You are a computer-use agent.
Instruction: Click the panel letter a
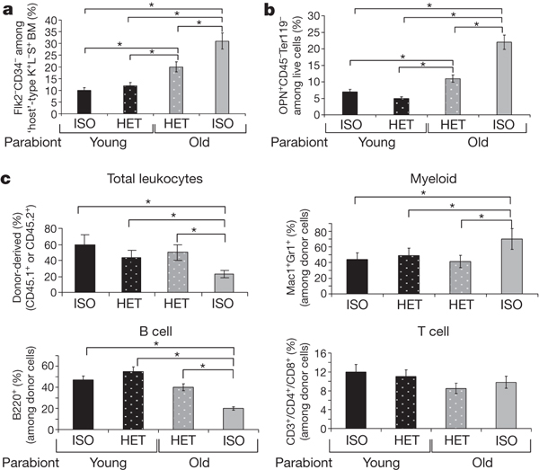click(8, 10)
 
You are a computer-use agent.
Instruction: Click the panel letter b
click(280, 10)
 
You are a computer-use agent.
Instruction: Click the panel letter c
click(8, 179)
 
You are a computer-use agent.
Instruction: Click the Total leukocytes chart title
click(149, 179)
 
